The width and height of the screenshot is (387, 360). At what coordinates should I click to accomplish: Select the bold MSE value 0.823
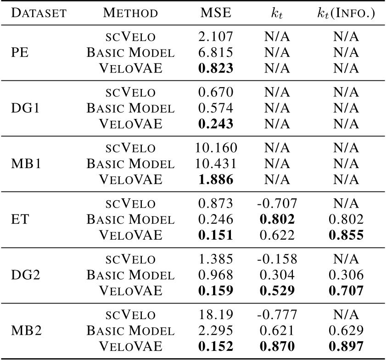[x=215, y=68]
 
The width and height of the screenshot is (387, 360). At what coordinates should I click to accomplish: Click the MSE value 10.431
[x=216, y=163]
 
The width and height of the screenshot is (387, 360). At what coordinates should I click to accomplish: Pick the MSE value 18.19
[x=216, y=315]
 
